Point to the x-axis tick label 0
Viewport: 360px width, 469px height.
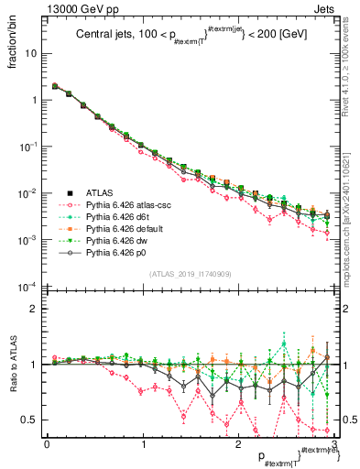coord(47,443)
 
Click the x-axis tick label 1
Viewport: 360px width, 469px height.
coord(143,443)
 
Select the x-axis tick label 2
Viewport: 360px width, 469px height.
coord(239,443)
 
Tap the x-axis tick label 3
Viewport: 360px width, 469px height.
coord(334,443)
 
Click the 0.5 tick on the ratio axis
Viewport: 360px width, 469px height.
coord(32,420)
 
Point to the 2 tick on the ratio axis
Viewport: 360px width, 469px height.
coord(36,309)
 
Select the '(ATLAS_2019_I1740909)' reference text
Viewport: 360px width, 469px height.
coord(189,274)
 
